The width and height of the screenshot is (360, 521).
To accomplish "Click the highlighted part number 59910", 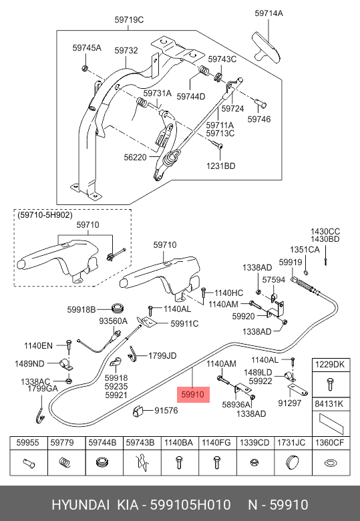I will point(193,395).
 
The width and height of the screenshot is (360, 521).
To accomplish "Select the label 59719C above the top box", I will point(130,19).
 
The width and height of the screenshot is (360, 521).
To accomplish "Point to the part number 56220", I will point(136,157).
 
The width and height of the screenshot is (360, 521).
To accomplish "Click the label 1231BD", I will point(220,166).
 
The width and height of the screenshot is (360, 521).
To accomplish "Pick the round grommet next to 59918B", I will point(119,308).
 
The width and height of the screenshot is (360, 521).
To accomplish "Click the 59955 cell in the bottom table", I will point(28,442).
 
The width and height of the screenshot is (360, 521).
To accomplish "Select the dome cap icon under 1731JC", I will point(292,462).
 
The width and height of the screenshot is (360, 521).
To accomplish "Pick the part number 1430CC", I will point(325,231).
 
